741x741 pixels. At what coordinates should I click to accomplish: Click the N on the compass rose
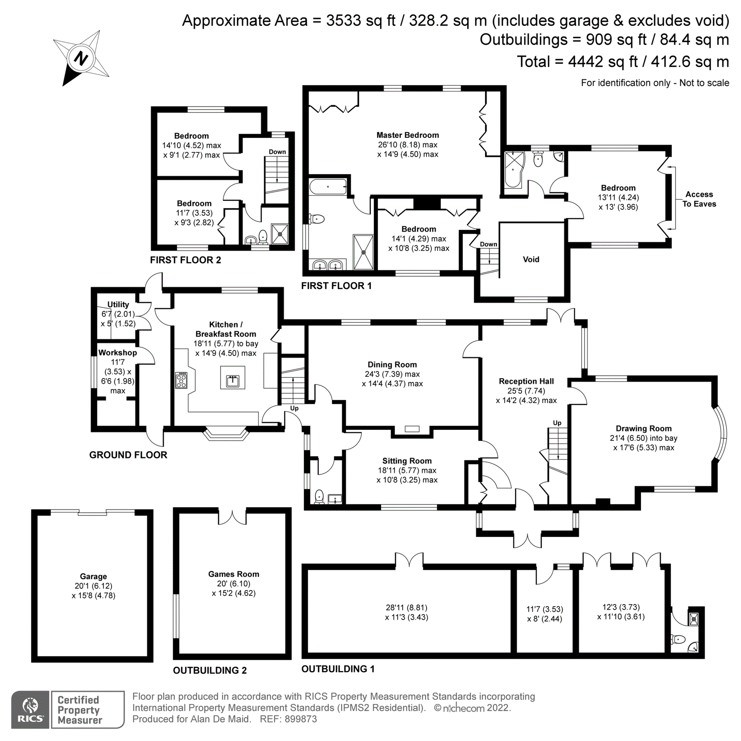[81, 58]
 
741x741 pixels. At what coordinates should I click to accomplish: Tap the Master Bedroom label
[408, 135]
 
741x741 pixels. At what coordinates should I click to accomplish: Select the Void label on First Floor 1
[531, 259]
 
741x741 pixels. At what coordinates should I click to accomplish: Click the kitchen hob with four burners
[181, 380]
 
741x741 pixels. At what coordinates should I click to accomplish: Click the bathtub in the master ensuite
[328, 186]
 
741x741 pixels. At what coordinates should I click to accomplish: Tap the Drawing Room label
[643, 429]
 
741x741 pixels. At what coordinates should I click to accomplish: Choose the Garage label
[93, 576]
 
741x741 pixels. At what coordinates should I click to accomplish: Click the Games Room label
[233, 574]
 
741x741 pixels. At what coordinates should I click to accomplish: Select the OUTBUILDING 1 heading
[338, 669]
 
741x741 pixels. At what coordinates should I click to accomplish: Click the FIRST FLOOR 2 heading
[185, 260]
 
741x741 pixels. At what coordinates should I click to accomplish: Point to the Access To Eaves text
[699, 199]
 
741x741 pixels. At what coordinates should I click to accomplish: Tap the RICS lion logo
[30, 709]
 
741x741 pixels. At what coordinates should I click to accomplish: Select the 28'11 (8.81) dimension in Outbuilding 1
[406, 607]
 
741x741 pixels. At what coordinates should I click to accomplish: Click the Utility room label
[118, 305]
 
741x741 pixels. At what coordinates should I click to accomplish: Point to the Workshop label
[117, 353]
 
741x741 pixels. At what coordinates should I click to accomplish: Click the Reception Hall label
[526, 381]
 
